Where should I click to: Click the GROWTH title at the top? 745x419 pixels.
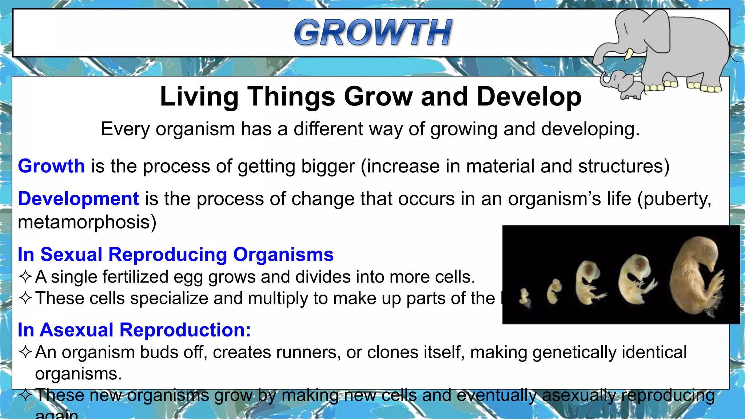(x=373, y=33)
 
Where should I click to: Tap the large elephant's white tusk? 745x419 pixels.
(x=629, y=54)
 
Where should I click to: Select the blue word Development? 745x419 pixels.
(x=78, y=199)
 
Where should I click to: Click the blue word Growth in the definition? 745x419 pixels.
(x=51, y=166)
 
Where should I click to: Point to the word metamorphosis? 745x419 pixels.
(x=87, y=222)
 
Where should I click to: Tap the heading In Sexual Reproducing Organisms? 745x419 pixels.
(x=175, y=254)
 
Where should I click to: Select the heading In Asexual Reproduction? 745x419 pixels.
(x=134, y=330)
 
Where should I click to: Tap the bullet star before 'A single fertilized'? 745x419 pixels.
(x=25, y=277)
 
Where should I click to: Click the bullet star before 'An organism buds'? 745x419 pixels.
(x=25, y=352)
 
